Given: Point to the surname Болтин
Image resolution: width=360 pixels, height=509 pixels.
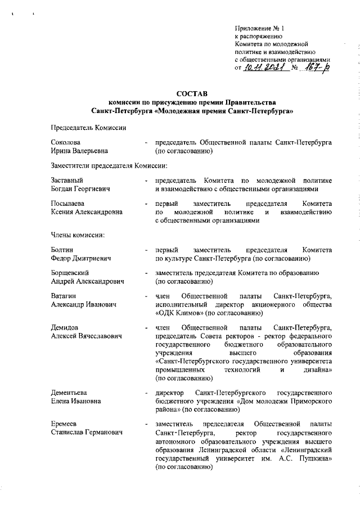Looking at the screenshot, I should tap(62, 249).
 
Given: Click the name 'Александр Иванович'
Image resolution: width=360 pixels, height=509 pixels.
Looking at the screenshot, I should tap(83, 304).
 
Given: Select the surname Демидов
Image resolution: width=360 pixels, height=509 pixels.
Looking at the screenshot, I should tap(65, 327).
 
